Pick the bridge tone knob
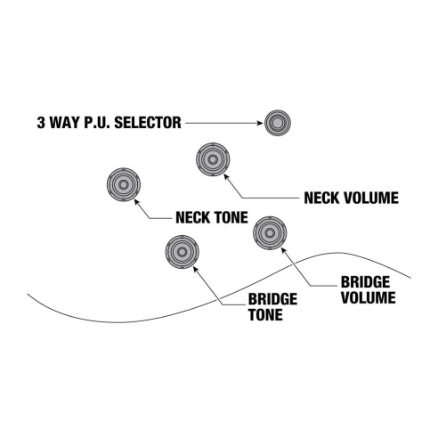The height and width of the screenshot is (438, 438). [x=182, y=252]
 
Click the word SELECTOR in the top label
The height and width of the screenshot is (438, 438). [x=150, y=122]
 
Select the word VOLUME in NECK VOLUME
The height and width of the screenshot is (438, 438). [x=367, y=197]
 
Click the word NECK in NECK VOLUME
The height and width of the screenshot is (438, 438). [x=322, y=197]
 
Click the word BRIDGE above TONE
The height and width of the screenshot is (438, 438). [x=272, y=302]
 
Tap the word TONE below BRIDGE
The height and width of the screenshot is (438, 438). [x=266, y=316]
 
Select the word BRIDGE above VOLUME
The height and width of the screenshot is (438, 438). [x=365, y=283]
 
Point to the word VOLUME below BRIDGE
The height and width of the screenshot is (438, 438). [x=367, y=297]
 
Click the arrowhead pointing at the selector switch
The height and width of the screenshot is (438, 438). [x=258, y=122]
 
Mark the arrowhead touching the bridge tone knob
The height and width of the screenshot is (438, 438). [x=194, y=264]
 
